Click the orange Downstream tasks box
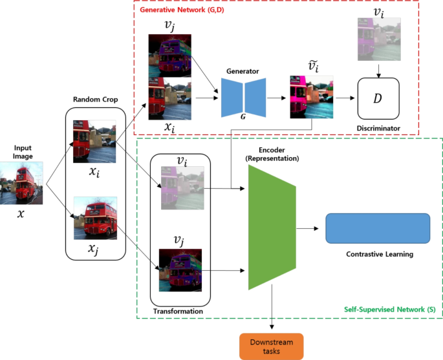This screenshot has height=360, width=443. tap(270, 344)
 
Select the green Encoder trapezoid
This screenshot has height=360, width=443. tap(271, 227)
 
